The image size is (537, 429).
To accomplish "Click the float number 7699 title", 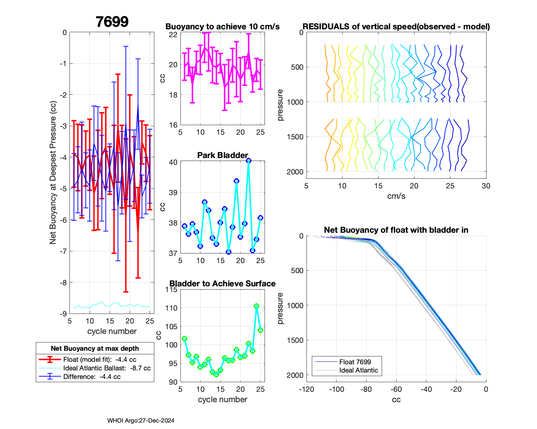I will pos(112,22).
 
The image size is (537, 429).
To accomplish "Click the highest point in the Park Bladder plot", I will pos(248,161).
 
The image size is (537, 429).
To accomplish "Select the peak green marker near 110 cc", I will pos(256,306).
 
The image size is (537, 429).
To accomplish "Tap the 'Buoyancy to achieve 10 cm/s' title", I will pos(222,27).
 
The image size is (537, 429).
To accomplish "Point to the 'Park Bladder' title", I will pos(222,155).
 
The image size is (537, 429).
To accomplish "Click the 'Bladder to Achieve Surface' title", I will pos(222,284).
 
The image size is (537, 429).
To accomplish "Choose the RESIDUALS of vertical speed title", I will pos(396,27).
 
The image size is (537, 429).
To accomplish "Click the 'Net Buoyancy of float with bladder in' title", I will pos(396,230).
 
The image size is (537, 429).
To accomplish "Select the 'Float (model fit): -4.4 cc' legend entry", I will pos(100,360).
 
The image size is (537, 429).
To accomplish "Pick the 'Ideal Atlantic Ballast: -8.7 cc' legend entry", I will pos(107,368).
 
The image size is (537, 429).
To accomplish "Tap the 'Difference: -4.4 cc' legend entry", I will pos(92,377).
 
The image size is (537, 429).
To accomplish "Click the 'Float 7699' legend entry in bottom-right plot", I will pos(355,362).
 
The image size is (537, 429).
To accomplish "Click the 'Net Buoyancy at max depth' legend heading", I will pos(95,349).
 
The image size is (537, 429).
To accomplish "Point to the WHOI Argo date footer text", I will pos(141,421).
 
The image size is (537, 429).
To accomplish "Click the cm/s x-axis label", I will pos(396,196).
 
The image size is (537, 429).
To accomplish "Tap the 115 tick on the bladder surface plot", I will pos(172,290).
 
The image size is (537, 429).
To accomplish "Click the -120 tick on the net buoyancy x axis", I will pos(306,389).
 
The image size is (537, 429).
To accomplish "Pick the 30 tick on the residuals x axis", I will pos(486,186).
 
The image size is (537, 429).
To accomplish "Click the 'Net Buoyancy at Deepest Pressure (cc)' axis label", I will pos(53,173).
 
